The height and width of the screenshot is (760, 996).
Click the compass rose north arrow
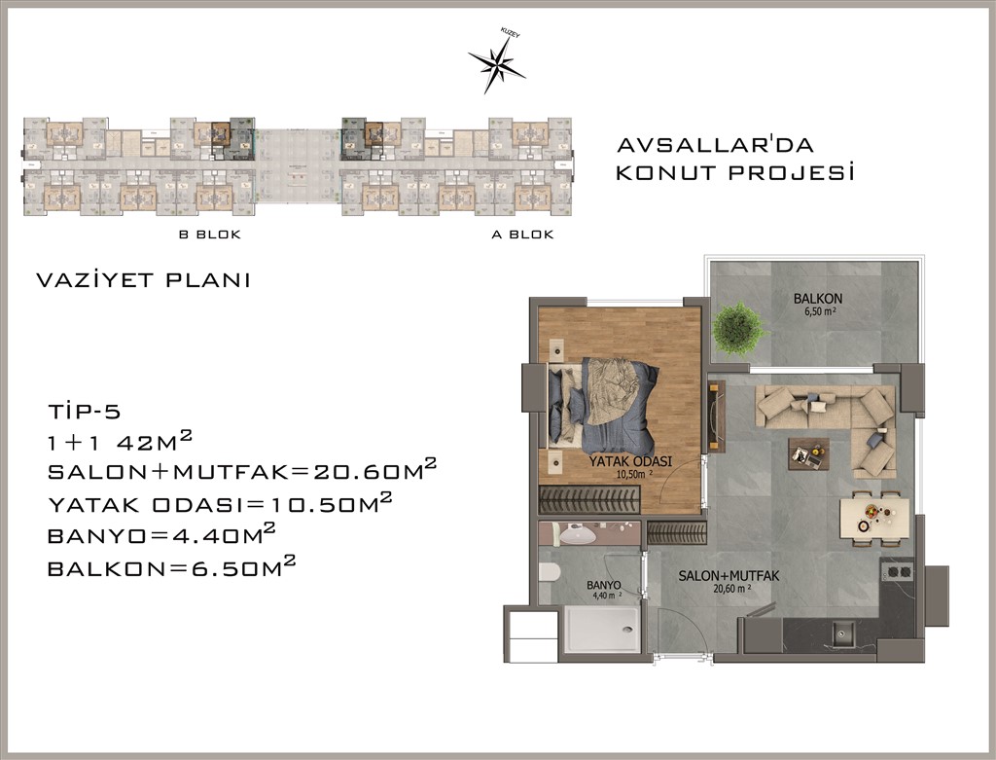(497, 62)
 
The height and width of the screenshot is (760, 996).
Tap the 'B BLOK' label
(210, 235)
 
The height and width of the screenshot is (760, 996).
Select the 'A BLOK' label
(522, 235)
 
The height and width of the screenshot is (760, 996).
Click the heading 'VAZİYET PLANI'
(144, 280)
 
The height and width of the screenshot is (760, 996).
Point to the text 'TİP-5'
(85, 412)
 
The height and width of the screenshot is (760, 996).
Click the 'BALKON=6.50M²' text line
(171, 566)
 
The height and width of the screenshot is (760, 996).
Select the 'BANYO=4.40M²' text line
(161, 534)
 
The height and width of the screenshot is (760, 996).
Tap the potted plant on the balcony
(737, 329)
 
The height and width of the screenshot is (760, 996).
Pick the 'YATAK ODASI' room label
(630, 462)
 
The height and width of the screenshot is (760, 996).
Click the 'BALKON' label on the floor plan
(817, 298)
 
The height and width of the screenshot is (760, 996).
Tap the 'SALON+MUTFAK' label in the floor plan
(729, 576)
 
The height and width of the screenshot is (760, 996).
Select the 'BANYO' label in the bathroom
(603, 585)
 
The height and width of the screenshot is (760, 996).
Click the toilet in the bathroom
(549, 573)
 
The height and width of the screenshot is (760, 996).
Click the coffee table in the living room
(808, 453)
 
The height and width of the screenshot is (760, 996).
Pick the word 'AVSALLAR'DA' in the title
(715, 145)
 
